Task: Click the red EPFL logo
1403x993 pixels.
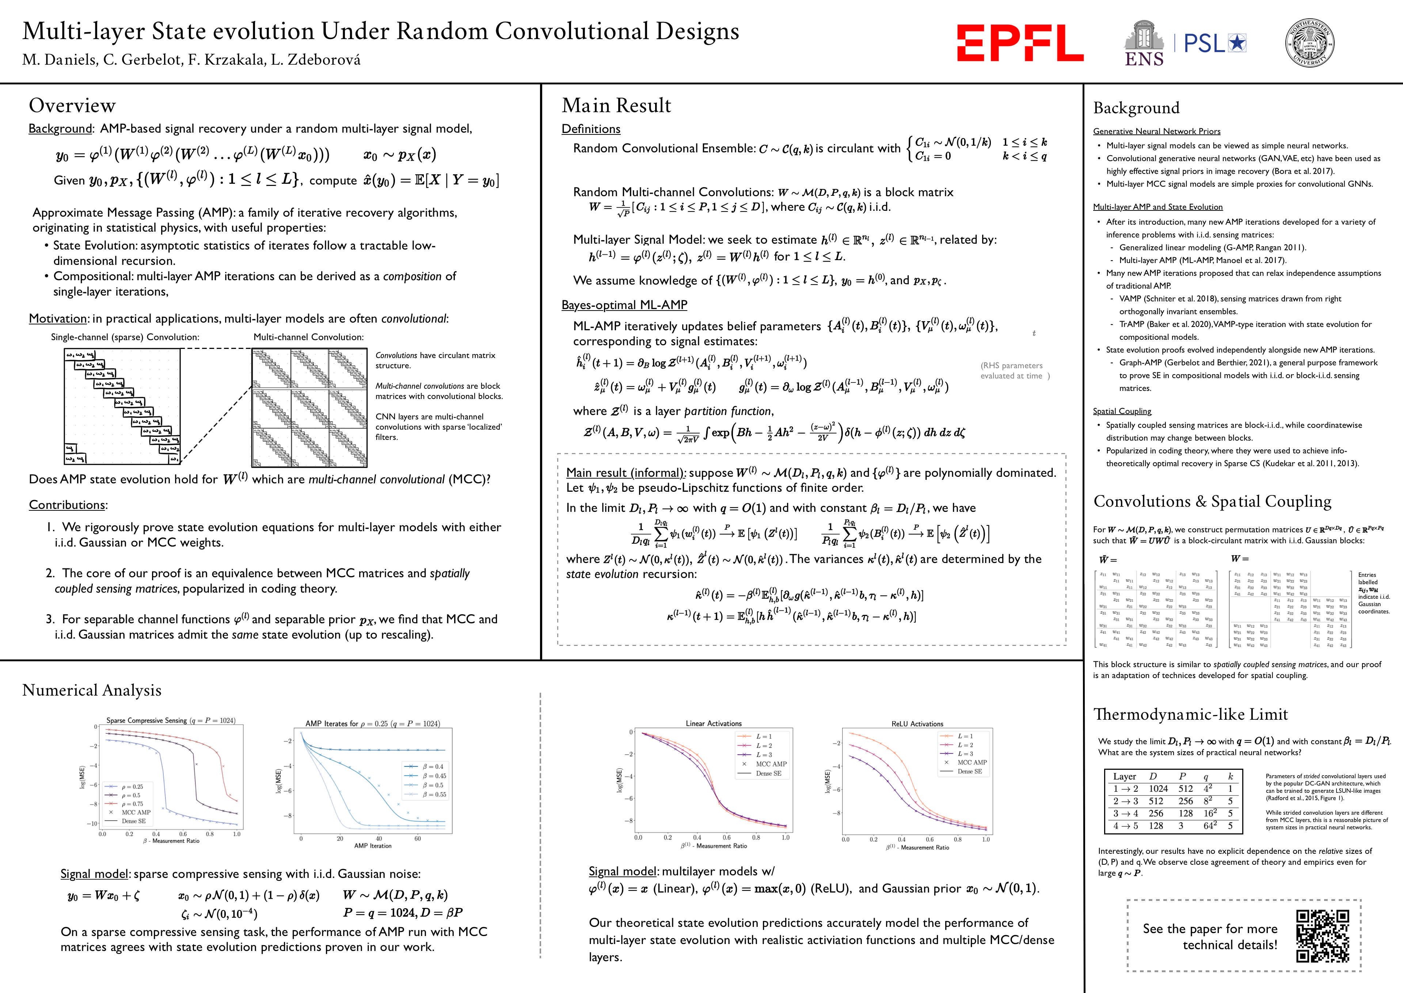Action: [1020, 43]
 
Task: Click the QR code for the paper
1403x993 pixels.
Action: [1322, 936]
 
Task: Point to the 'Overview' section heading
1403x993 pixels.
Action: [72, 106]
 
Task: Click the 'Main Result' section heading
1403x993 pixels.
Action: [616, 106]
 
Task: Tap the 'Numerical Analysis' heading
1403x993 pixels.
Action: [92, 690]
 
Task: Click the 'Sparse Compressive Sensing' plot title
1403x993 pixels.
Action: [171, 720]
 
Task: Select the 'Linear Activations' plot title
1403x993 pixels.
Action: [714, 723]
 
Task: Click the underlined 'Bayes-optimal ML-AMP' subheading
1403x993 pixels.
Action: [624, 305]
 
